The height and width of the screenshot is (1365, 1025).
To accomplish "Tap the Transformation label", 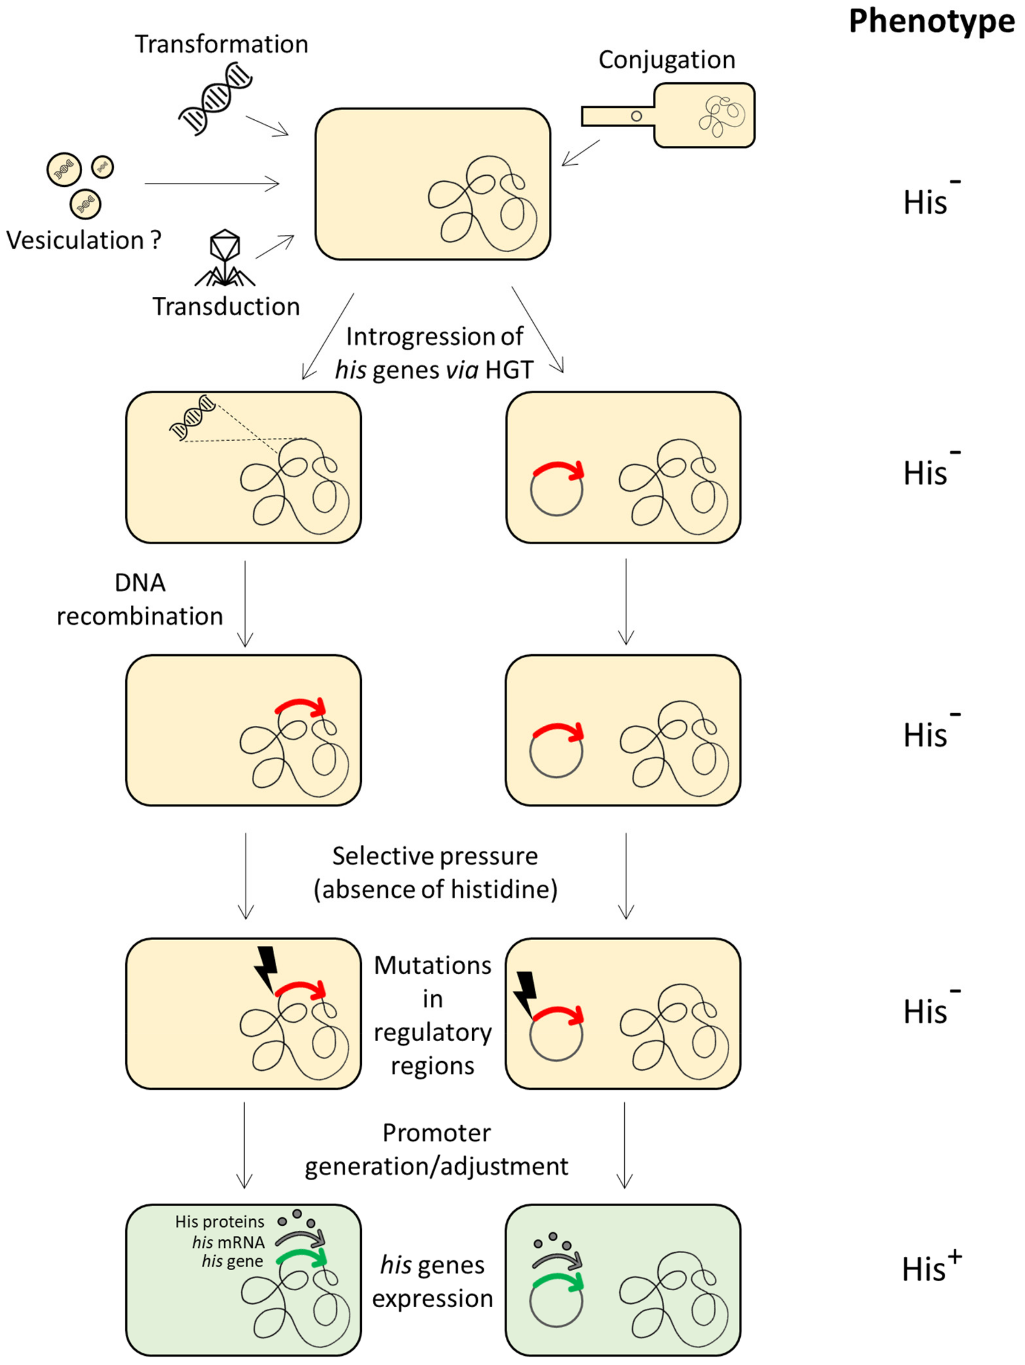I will click(221, 44).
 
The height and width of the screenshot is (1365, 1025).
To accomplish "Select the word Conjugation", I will click(667, 60).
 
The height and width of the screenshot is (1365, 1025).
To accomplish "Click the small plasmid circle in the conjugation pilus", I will click(636, 116).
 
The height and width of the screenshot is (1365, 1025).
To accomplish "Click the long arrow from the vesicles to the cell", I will click(211, 183).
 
